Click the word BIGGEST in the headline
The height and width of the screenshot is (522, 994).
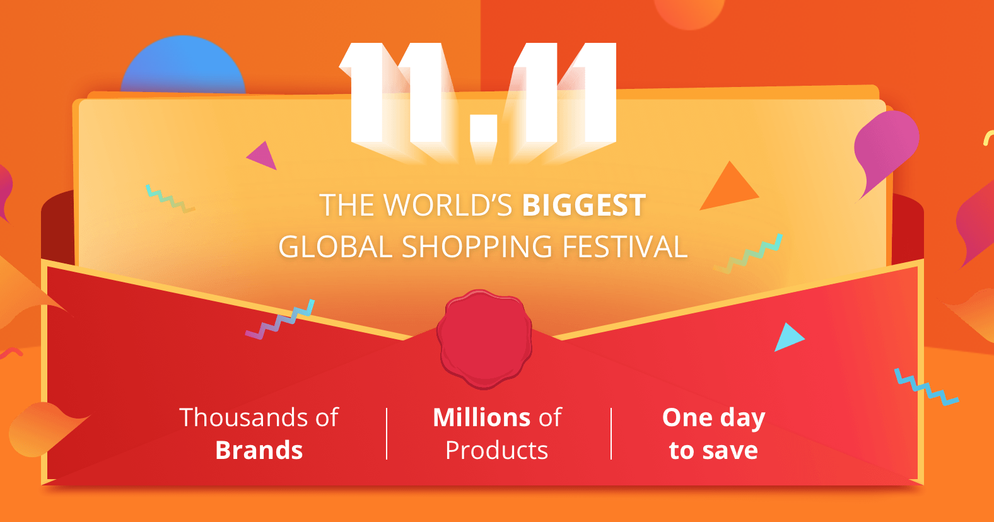click(583, 205)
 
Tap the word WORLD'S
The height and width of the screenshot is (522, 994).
click(448, 205)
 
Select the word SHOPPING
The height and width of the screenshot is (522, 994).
click(477, 246)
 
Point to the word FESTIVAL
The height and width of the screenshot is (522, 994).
click(625, 246)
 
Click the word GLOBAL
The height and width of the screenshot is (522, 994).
click(336, 246)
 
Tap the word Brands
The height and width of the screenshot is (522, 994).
click(259, 450)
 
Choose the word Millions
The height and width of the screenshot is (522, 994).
click(481, 417)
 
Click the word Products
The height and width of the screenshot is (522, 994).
click(496, 451)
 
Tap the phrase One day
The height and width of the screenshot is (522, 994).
click(713, 418)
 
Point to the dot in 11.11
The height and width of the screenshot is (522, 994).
click(483, 128)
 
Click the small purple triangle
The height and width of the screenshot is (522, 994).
click(262, 156)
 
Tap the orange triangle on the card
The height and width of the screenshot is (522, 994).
click(730, 188)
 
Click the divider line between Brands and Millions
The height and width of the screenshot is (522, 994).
click(387, 434)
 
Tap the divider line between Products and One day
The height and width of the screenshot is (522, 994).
click(611, 434)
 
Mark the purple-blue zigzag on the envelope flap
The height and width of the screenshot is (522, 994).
click(280, 320)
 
